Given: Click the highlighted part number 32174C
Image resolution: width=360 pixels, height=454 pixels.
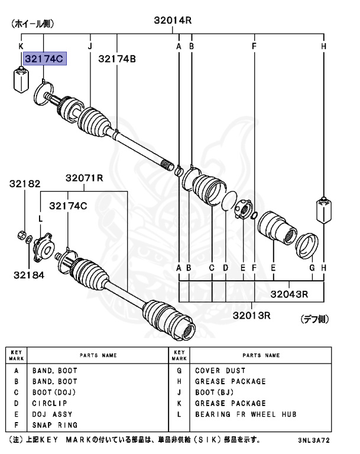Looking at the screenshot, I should (44, 59).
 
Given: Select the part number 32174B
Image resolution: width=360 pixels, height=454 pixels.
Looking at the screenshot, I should (117, 59).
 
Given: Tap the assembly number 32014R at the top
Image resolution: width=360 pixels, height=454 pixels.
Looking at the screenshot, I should (173, 20).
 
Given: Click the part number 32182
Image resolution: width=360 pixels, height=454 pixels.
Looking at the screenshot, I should (25, 184).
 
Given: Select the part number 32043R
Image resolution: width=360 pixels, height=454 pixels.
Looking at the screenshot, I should (290, 293).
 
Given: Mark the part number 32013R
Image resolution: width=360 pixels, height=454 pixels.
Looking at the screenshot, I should (250, 314).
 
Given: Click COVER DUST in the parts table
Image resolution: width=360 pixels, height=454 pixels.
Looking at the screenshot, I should (220, 371).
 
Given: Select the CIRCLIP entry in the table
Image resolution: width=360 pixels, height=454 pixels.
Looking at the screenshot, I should (48, 403).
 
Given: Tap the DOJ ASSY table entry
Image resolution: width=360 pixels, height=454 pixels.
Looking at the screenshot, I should (52, 414).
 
